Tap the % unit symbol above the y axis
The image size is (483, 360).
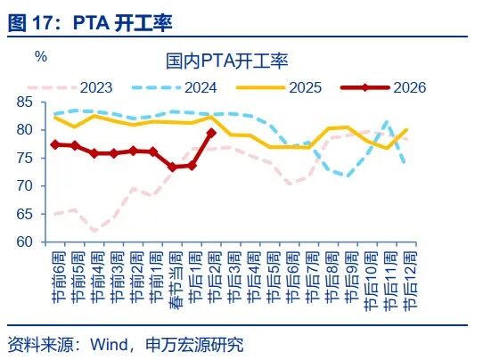[x=40, y=57]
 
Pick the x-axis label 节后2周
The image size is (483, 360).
[x=212, y=278]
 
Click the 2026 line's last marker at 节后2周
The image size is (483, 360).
[x=211, y=133]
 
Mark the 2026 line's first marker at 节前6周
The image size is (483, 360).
[x=55, y=144]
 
